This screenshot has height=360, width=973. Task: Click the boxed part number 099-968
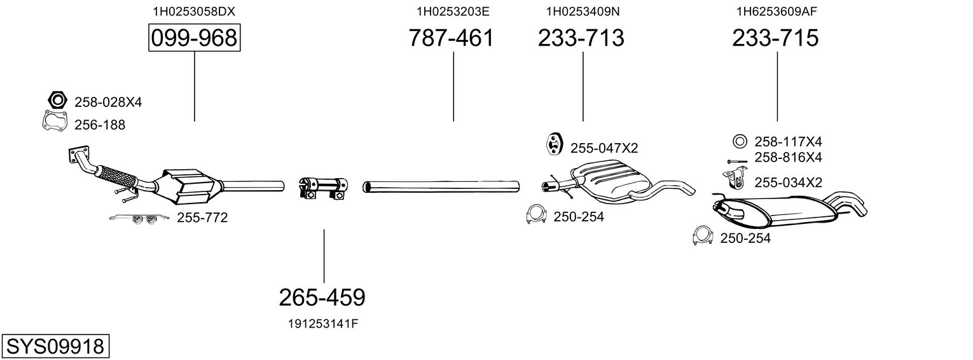click(x=194, y=38)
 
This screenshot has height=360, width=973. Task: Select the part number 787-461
click(x=452, y=38)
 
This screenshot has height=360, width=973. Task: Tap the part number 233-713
click(x=581, y=38)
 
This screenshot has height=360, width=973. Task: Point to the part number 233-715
click(x=775, y=38)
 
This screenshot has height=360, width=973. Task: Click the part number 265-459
click(x=322, y=298)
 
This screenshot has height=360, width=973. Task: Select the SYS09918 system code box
click(x=55, y=347)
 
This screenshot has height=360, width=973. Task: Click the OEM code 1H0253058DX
click(x=194, y=11)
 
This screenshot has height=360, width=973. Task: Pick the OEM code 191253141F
click(x=323, y=324)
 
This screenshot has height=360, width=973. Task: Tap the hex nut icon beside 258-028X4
click(x=57, y=100)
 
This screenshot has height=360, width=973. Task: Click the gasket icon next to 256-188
click(x=55, y=121)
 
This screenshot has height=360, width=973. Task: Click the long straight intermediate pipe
click(x=441, y=187)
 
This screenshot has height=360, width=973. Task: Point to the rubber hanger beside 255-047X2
click(x=555, y=144)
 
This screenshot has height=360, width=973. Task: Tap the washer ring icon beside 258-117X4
click(x=740, y=142)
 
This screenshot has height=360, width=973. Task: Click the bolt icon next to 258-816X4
click(x=737, y=162)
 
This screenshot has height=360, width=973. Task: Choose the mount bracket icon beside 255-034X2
click(x=734, y=179)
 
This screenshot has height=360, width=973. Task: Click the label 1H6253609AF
click(x=776, y=11)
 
